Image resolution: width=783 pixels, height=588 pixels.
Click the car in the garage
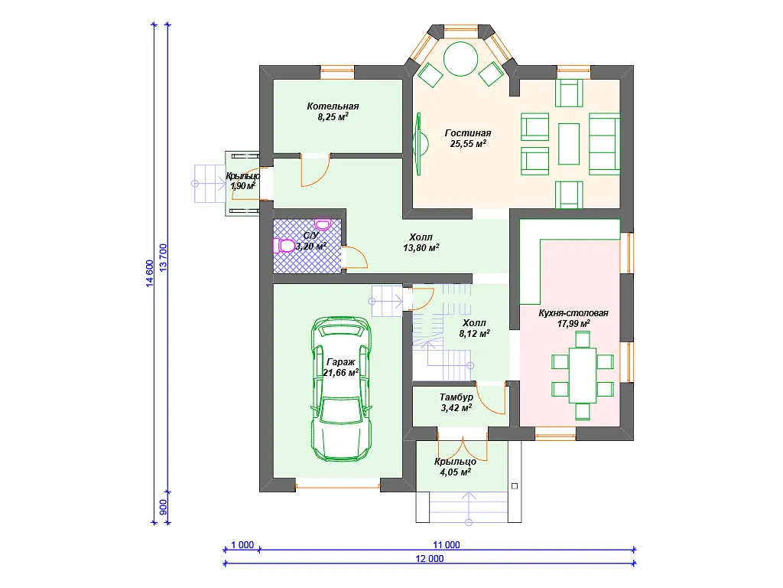click(342, 388)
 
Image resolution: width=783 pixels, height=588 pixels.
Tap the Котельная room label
click(333, 106)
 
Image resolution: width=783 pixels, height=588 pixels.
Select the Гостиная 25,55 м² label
click(468, 139)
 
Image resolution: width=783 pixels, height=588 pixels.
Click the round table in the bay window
click(461, 58)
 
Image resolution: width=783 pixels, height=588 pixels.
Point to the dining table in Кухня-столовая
click(583, 375)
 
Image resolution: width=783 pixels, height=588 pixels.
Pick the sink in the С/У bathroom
click(323, 224)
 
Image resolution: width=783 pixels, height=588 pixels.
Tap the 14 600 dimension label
click(150, 274)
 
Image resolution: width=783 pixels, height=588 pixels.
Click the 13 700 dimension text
click(164, 258)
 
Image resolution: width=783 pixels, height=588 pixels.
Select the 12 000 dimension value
click(430, 558)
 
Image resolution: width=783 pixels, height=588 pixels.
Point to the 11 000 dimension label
click(446, 545)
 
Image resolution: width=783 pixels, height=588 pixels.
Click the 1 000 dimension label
click(242, 545)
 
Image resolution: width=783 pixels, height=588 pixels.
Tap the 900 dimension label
click(164, 508)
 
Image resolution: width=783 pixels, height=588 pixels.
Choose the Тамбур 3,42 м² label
click(456, 403)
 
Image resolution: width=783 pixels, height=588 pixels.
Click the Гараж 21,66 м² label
click(340, 367)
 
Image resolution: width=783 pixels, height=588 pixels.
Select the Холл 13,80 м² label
click(421, 243)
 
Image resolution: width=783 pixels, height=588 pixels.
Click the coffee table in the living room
click(569, 144)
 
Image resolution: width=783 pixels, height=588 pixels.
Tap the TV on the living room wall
click(419, 144)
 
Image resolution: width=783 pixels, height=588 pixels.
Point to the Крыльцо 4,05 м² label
click(455, 467)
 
